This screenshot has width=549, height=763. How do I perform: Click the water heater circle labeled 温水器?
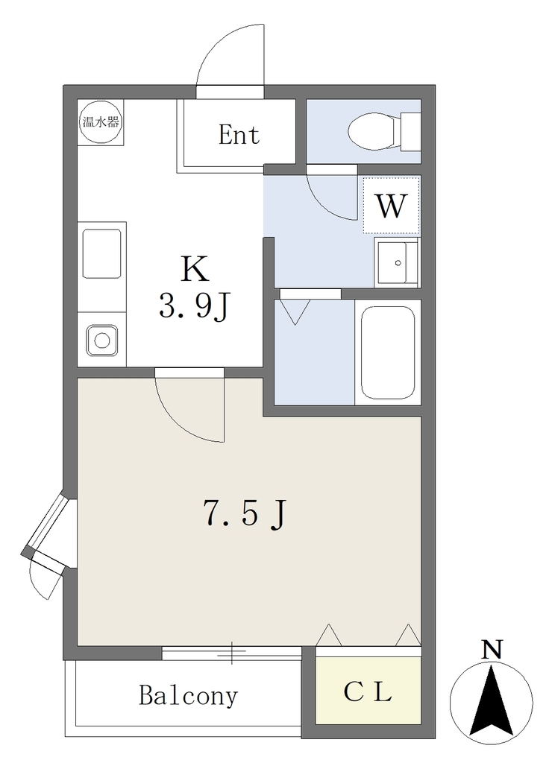[x=101, y=121]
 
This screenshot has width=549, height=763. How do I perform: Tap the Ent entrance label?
[x=239, y=135]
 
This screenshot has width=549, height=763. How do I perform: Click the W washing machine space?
[x=391, y=206]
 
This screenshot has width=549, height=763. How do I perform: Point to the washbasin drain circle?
[x=398, y=263]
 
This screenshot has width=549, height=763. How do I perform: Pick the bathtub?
[x=388, y=352]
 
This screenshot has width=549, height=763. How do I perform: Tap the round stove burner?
[x=101, y=340]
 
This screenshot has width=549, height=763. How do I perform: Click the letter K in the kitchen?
[x=195, y=269]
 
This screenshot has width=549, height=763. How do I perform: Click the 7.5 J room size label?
[x=245, y=515]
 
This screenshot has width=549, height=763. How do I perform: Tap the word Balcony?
[x=189, y=697]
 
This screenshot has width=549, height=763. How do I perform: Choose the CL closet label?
[x=368, y=691]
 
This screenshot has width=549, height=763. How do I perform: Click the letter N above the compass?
[x=492, y=650]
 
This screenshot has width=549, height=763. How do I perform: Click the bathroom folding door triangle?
[x=295, y=312]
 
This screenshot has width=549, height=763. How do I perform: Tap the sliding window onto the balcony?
[x=232, y=653]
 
